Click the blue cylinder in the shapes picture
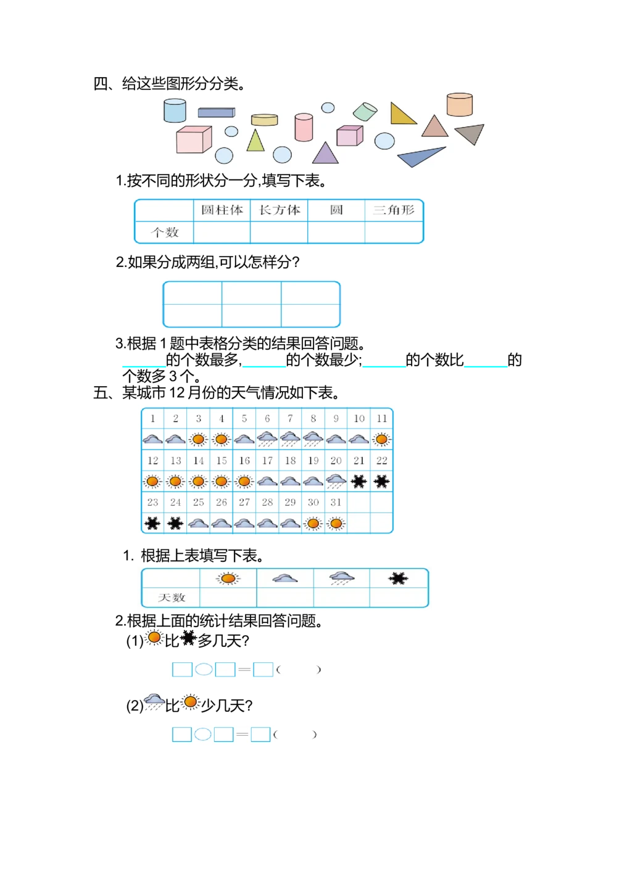tap(175, 110)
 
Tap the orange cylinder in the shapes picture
tap(460, 104)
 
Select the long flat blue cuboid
tap(216, 112)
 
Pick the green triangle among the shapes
tap(255, 141)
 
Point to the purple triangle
tap(325, 154)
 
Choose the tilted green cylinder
tap(365, 112)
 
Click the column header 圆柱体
tap(222, 210)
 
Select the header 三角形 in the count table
tap(394, 210)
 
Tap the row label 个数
tap(165, 232)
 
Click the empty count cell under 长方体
tap(279, 232)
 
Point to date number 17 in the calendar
tap(267, 461)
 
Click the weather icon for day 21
tap(358, 481)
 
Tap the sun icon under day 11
tap(382, 440)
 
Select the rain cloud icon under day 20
tap(336, 481)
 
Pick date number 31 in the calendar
tap(336, 503)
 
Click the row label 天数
tap(171, 598)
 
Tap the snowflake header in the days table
tap(399, 578)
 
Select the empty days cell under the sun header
tap(228, 598)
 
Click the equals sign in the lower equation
tap(242, 735)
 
